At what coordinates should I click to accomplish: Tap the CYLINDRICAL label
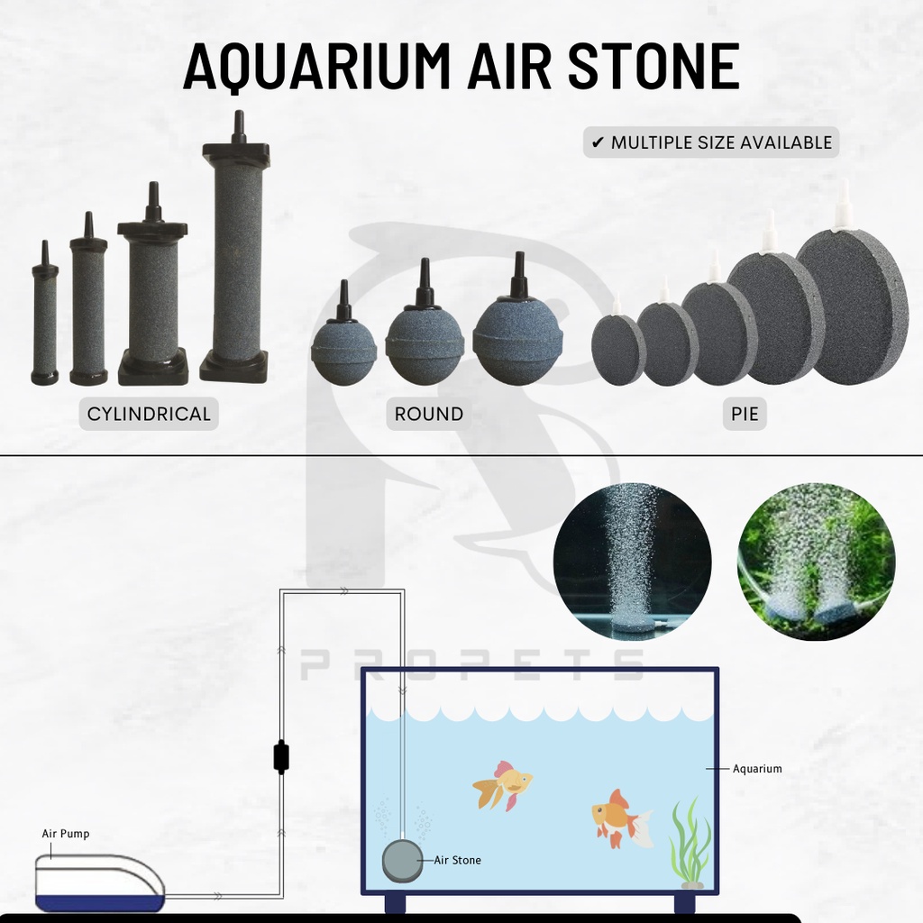(149, 414)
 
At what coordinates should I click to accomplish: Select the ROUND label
(429, 414)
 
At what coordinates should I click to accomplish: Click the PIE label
(744, 414)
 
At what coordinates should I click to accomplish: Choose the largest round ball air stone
(517, 338)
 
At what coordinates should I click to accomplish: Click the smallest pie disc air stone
(618, 350)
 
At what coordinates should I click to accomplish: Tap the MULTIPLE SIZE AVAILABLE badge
(711, 142)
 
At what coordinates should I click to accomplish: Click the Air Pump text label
(66, 834)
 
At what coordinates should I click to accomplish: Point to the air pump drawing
(99, 883)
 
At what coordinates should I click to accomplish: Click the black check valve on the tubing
(281, 756)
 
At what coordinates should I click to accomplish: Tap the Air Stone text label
(457, 860)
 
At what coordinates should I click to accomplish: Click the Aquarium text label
(757, 769)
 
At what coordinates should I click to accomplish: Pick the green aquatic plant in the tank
(689, 843)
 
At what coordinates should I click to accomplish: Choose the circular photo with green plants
(816, 561)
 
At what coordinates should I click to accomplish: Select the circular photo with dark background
(632, 561)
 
